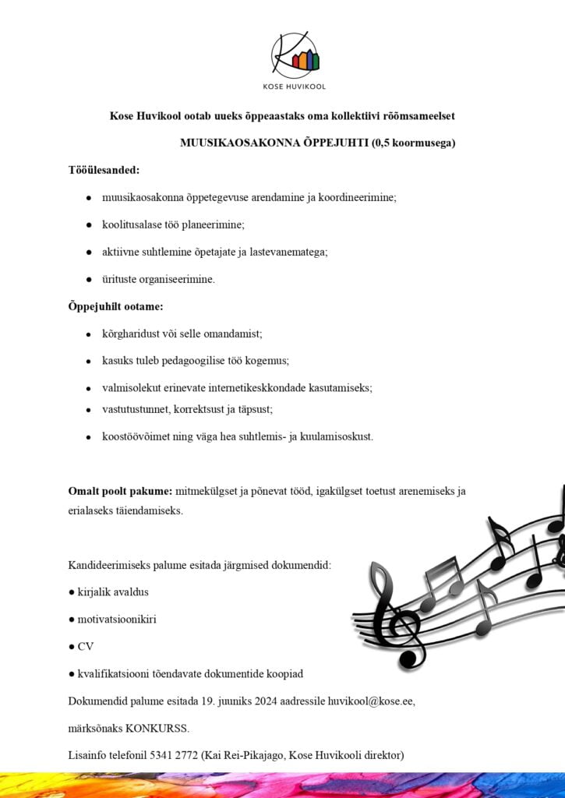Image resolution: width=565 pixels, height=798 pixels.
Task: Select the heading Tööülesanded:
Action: [104, 170]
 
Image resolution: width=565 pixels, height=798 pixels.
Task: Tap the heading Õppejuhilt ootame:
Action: [115, 306]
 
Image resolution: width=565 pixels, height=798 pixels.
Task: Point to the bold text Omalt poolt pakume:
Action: [120, 491]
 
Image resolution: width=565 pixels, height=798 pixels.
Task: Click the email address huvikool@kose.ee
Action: [370, 701]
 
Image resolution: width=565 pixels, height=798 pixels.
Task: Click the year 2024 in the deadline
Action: [269, 701]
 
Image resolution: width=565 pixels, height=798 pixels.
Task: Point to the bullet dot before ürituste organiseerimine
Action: [90, 279]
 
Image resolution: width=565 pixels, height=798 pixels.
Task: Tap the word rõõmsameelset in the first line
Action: [418, 116]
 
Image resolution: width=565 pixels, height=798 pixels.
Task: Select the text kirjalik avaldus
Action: [113, 592]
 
